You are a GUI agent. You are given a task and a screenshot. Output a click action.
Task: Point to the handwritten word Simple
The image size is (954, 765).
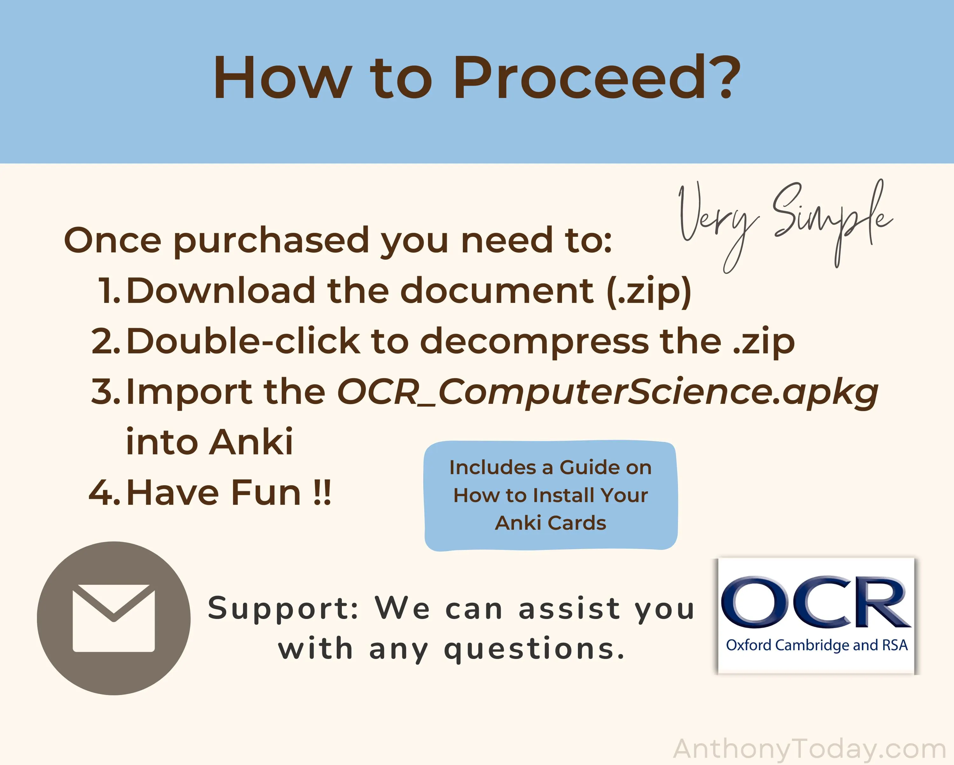click(832, 221)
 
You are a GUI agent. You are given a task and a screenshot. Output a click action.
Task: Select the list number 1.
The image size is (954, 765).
click(109, 291)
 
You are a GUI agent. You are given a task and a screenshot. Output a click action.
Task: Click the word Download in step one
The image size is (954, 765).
click(221, 291)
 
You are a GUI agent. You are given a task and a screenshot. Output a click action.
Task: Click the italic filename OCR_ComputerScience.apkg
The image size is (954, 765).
click(607, 393)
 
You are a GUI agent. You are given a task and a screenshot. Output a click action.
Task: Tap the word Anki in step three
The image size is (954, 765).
click(251, 442)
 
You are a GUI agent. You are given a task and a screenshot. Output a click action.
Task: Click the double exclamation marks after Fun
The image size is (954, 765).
click(322, 492)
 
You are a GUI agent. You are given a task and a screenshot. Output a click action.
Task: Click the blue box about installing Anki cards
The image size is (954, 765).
click(550, 495)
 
